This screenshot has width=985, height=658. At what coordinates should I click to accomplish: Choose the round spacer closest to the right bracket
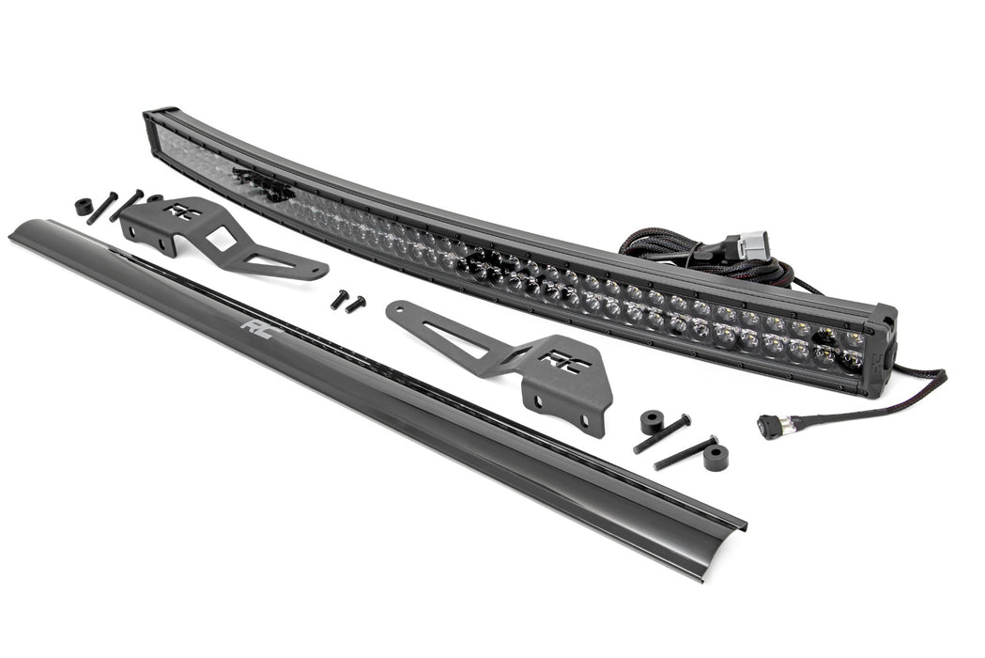tap(652, 422)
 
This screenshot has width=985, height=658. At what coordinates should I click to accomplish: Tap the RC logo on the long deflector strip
tap(254, 326)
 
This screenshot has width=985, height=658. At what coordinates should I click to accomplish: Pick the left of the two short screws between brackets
tap(338, 299)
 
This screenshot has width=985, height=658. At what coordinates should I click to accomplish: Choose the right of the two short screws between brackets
tap(356, 304)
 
